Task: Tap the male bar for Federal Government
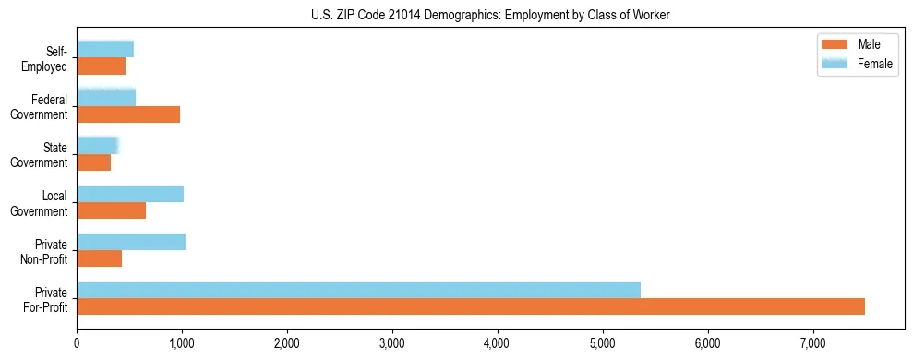click(x=128, y=114)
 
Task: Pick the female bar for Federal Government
click(x=106, y=98)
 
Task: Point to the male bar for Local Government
click(x=111, y=210)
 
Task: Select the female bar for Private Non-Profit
click(x=131, y=242)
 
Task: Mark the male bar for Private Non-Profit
click(x=99, y=258)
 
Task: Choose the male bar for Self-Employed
click(x=101, y=66)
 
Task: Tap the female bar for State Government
click(x=97, y=146)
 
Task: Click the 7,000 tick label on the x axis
click(x=813, y=343)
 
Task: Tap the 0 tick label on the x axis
click(x=77, y=343)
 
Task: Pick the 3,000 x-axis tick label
click(x=392, y=343)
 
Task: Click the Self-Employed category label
click(x=46, y=58)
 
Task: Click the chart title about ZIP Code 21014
click(x=490, y=14)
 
